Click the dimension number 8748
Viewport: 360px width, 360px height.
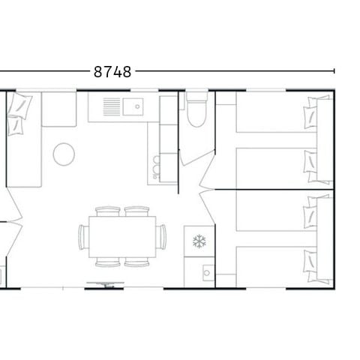(112, 72)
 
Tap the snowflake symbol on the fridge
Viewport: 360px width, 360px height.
(199, 241)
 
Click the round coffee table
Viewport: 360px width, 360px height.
(64, 154)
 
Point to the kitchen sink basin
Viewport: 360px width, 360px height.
(137, 106)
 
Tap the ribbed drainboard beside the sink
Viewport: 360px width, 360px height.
(112, 106)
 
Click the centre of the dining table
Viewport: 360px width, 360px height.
(122, 236)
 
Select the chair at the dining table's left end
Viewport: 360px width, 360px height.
(82, 236)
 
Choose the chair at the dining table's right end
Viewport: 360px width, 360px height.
(162, 236)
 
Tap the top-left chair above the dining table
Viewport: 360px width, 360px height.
(109, 211)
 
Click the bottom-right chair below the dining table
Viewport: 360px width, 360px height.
(136, 262)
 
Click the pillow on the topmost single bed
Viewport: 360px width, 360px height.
(311, 116)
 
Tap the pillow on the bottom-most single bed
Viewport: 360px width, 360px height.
(311, 262)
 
